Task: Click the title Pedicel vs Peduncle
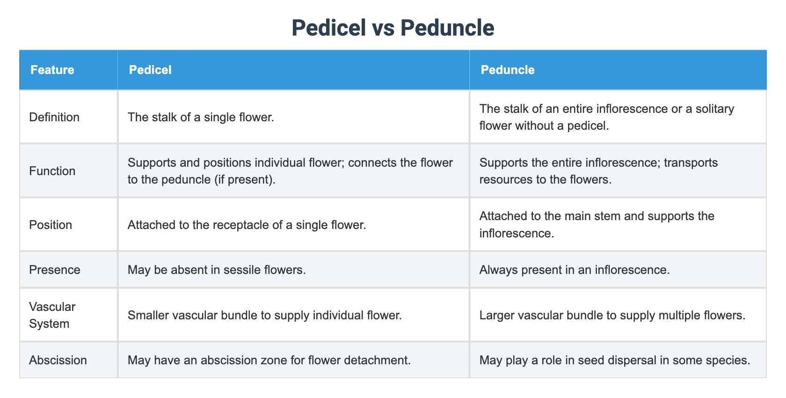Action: point(393,28)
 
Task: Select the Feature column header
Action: point(52,70)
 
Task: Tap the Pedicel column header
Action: point(150,70)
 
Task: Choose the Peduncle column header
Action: point(508,70)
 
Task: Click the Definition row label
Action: point(54,117)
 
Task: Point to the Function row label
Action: point(52,171)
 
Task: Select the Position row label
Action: point(51,225)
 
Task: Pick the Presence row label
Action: point(55,270)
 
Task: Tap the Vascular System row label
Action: point(52,315)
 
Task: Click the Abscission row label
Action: point(58,360)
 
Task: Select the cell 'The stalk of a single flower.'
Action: point(201,117)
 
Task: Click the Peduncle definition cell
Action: point(606,117)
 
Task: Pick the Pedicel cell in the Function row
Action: point(290,171)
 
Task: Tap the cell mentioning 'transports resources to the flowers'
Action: point(598,171)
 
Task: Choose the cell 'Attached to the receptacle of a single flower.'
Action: point(247,225)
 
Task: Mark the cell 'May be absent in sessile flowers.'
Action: point(217,270)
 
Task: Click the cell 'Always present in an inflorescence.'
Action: point(575,270)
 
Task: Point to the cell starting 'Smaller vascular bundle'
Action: point(264,315)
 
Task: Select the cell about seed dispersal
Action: point(615,360)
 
